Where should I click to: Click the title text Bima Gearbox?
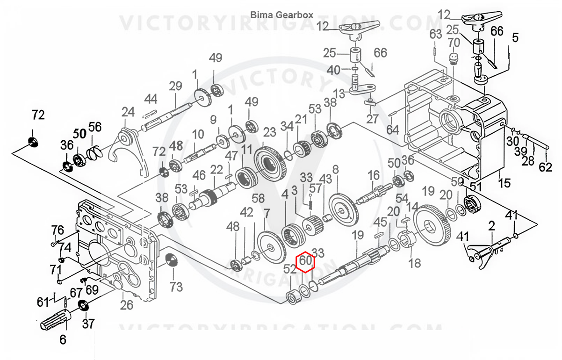(282, 15)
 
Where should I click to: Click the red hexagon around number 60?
(305, 262)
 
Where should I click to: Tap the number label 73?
(176, 287)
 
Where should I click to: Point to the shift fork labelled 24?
(129, 151)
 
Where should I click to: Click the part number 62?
(545, 167)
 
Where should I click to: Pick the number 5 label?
(515, 38)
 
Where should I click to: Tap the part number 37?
(88, 324)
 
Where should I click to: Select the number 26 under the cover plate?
(126, 305)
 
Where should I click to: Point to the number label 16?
(374, 175)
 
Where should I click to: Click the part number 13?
(339, 94)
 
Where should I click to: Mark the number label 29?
(175, 86)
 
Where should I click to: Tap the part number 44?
(151, 99)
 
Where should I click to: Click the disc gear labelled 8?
(344, 210)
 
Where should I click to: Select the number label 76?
(58, 230)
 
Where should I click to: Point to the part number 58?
(258, 198)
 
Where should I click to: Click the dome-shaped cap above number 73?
(172, 260)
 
